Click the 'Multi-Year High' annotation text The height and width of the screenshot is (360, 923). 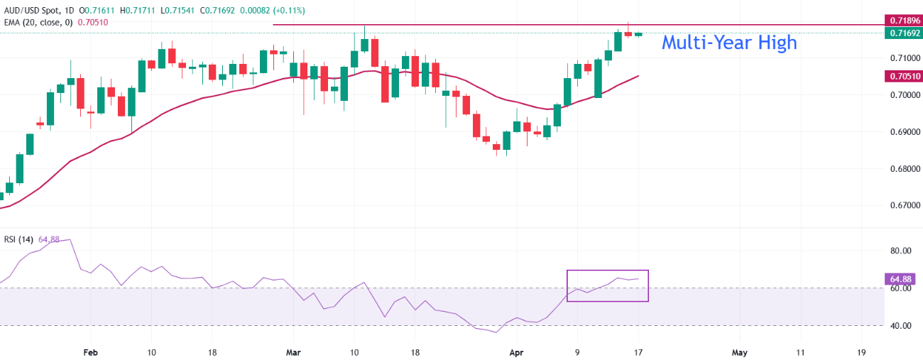coord(728,43)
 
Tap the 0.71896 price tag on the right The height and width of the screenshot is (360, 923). coord(901,20)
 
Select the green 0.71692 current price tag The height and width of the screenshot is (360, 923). coord(901,33)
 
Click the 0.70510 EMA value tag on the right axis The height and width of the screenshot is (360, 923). coord(901,76)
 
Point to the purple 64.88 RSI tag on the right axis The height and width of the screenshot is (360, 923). coord(901,278)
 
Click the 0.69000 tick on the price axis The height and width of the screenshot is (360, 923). coord(899,132)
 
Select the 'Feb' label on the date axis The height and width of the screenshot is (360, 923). coord(90,352)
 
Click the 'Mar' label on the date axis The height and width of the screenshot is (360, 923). coord(293,352)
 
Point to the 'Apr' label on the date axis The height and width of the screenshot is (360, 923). coord(516,352)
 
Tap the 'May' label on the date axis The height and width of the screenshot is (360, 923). coord(740,352)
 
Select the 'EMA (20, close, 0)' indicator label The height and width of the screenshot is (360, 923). coord(38,22)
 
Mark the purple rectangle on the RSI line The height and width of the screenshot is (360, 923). coord(607,285)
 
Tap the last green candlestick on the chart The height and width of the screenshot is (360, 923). coord(638,34)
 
